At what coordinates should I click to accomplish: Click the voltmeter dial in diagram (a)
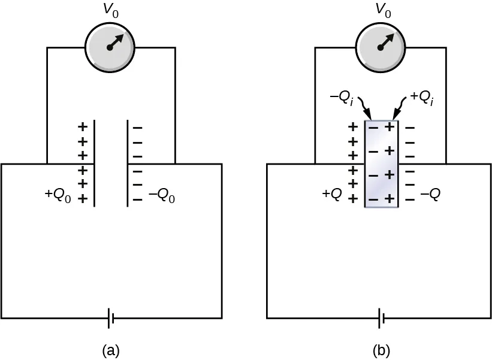(111, 48)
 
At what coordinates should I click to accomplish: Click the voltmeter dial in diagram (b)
(381, 48)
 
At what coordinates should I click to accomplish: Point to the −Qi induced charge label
(340, 98)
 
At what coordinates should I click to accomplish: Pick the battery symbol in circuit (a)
(111, 319)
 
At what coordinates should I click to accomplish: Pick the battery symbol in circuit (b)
(381, 319)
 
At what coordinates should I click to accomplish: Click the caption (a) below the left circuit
(111, 349)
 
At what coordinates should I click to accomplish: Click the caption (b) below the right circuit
(381, 349)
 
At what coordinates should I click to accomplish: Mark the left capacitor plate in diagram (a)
(94, 163)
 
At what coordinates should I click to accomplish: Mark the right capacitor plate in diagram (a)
(127, 163)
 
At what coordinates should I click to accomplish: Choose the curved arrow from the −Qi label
(363, 109)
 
